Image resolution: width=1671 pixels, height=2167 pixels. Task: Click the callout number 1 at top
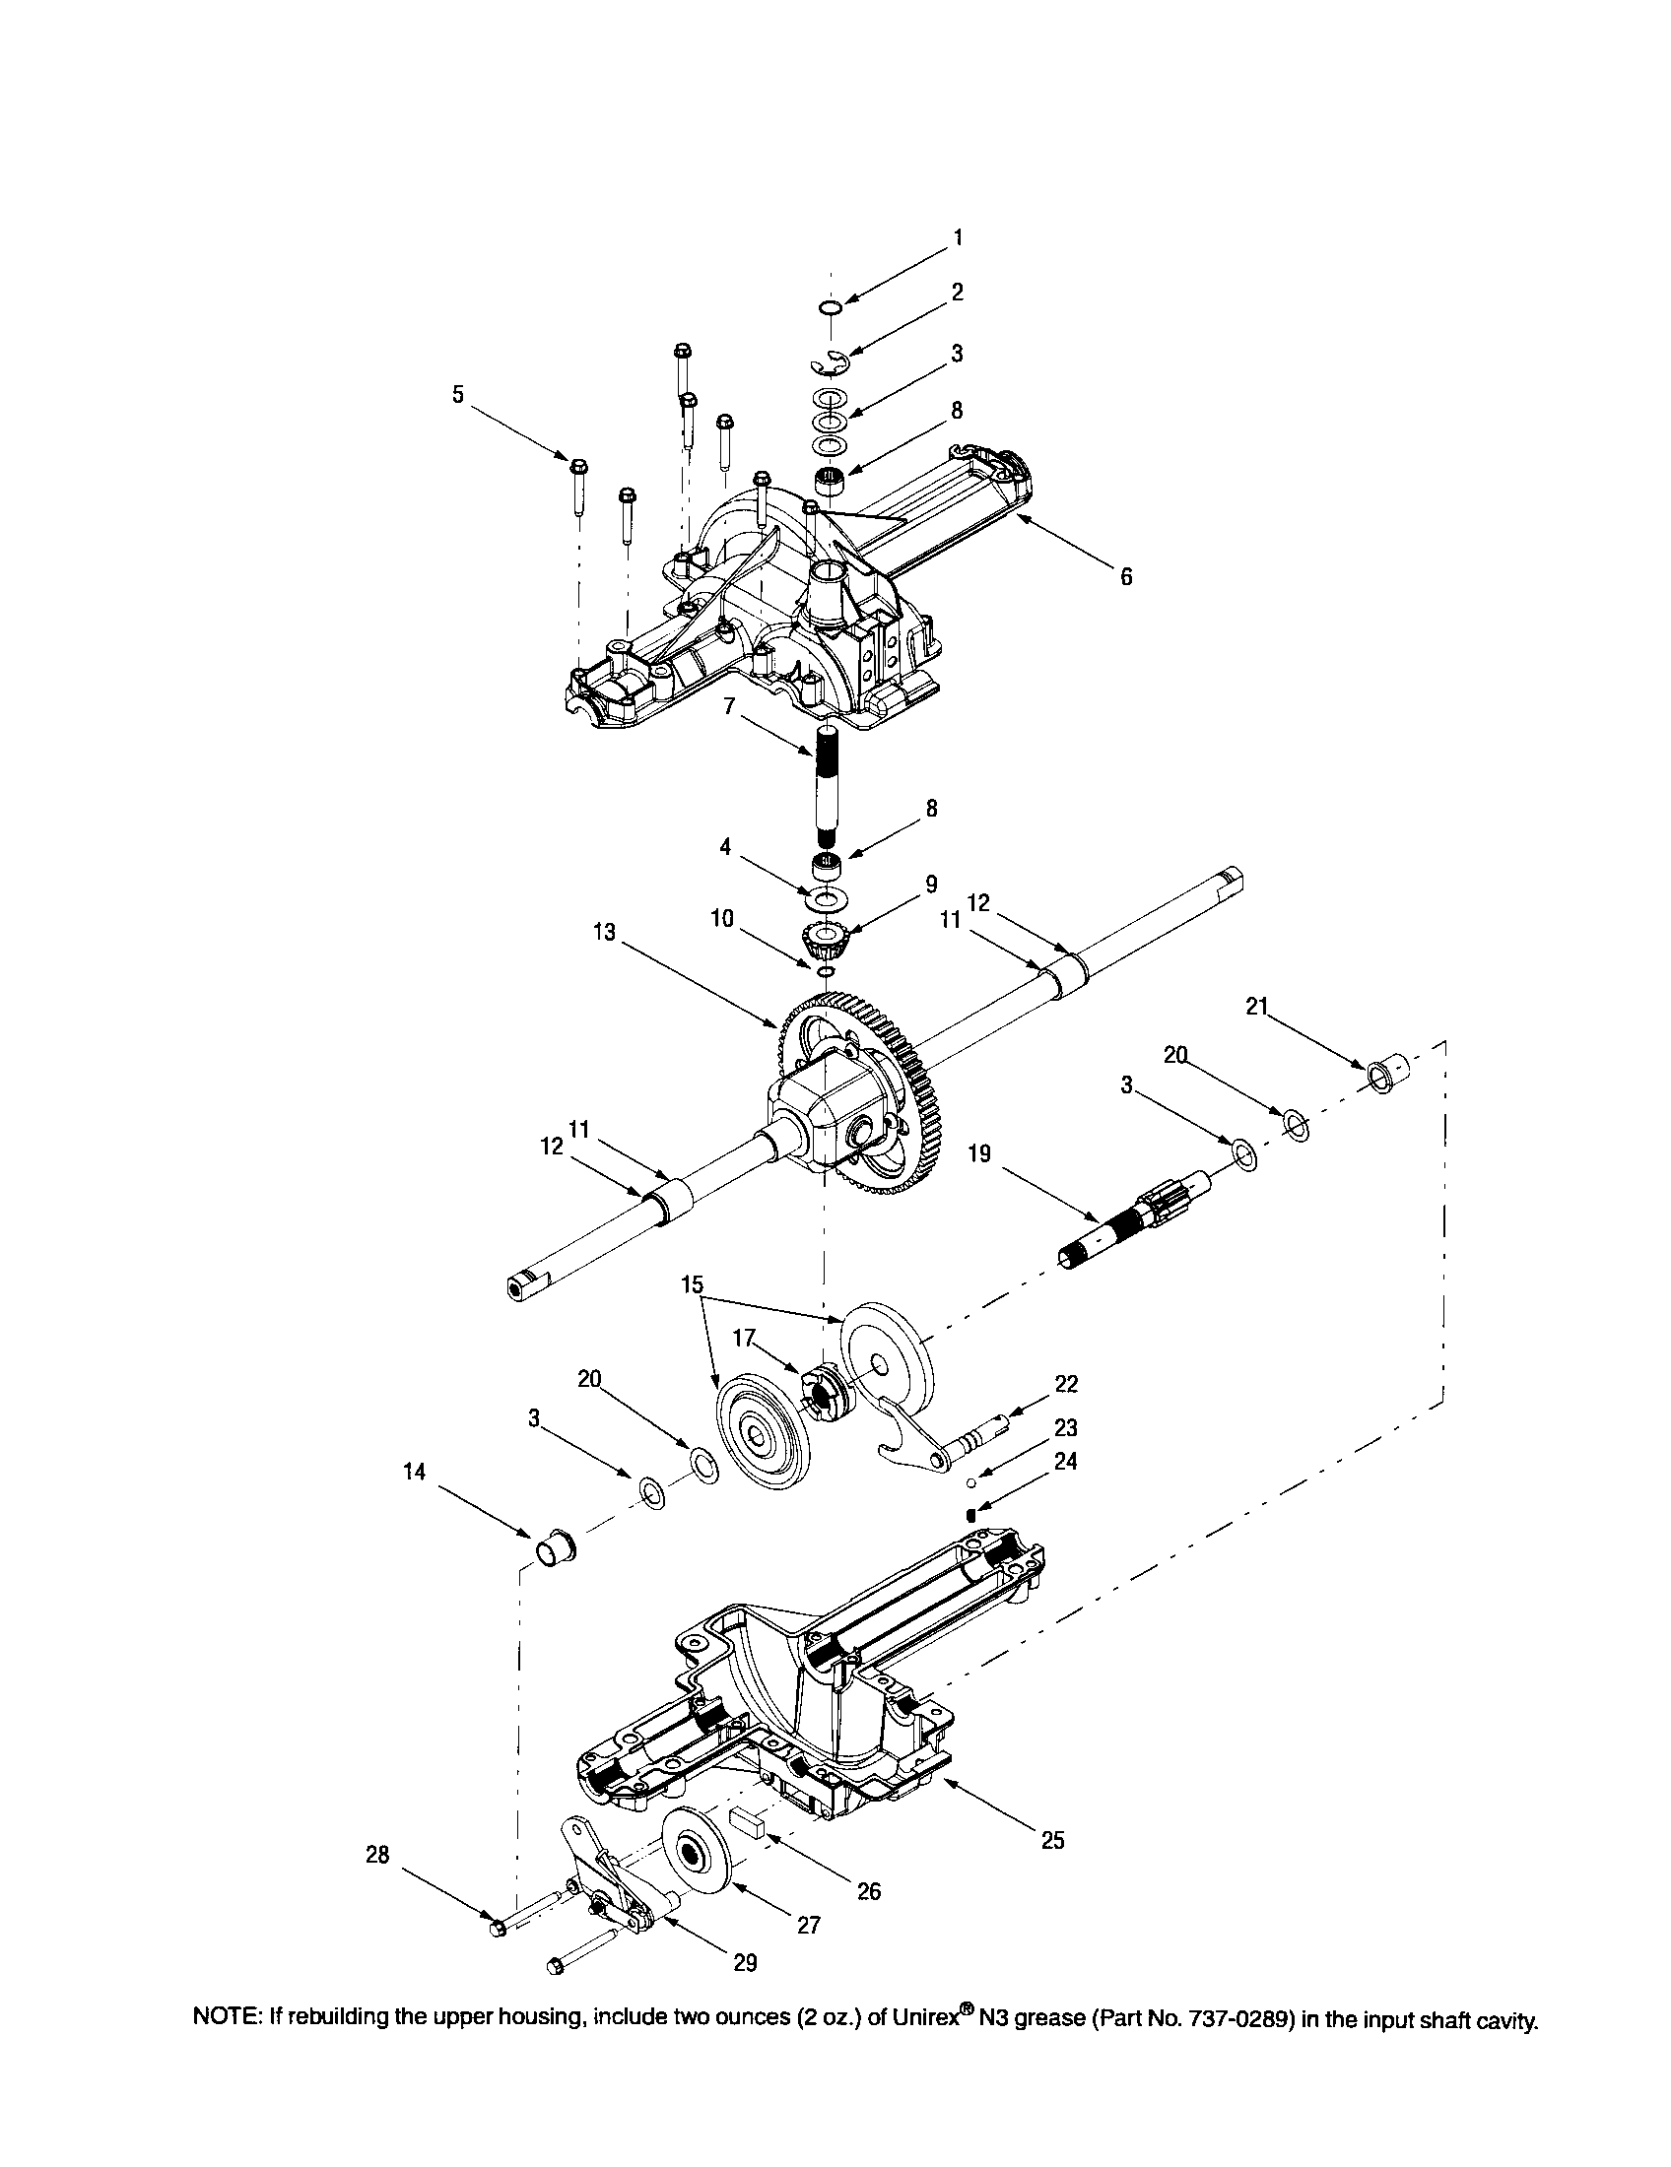click(x=958, y=237)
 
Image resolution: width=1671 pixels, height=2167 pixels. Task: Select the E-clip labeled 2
click(x=829, y=364)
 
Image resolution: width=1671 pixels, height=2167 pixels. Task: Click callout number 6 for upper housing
click(x=1126, y=576)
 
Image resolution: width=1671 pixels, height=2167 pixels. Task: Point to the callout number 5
click(x=457, y=394)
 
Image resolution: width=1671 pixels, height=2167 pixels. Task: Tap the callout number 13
click(x=605, y=933)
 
